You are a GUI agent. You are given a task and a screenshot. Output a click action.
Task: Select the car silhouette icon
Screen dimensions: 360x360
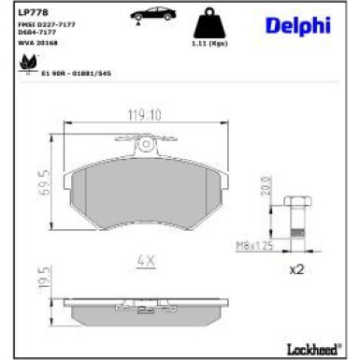149,15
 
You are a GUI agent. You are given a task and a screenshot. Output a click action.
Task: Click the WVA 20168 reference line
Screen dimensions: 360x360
38,42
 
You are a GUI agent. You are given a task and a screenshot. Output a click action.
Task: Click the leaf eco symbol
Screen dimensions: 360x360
24,64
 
